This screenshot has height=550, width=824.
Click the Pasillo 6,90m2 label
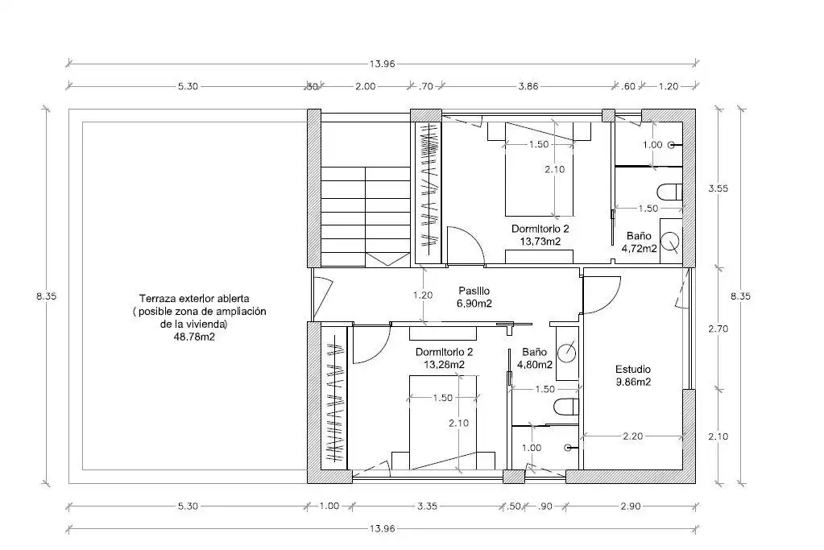474,297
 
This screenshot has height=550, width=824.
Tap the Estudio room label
633,370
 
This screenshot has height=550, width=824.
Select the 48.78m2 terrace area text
194,337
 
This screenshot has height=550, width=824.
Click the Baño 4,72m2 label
639,242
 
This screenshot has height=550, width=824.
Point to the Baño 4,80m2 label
535,358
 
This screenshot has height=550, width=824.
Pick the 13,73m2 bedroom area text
540,242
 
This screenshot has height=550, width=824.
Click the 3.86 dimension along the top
528,86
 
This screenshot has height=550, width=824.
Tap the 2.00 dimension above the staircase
365,86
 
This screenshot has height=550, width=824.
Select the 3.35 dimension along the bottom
427,507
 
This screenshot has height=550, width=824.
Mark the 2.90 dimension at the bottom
631,507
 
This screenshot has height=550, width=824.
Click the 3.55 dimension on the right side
718,188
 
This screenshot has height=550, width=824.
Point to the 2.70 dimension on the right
718,329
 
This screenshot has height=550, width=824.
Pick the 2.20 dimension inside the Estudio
633,436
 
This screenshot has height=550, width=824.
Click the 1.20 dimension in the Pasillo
423,296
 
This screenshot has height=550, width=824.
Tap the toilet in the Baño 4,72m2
669,192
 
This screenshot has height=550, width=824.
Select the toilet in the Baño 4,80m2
566,406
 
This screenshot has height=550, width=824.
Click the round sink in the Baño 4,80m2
566,351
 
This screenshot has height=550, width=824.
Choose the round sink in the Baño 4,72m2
670,241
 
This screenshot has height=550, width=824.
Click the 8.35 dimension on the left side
46,296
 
